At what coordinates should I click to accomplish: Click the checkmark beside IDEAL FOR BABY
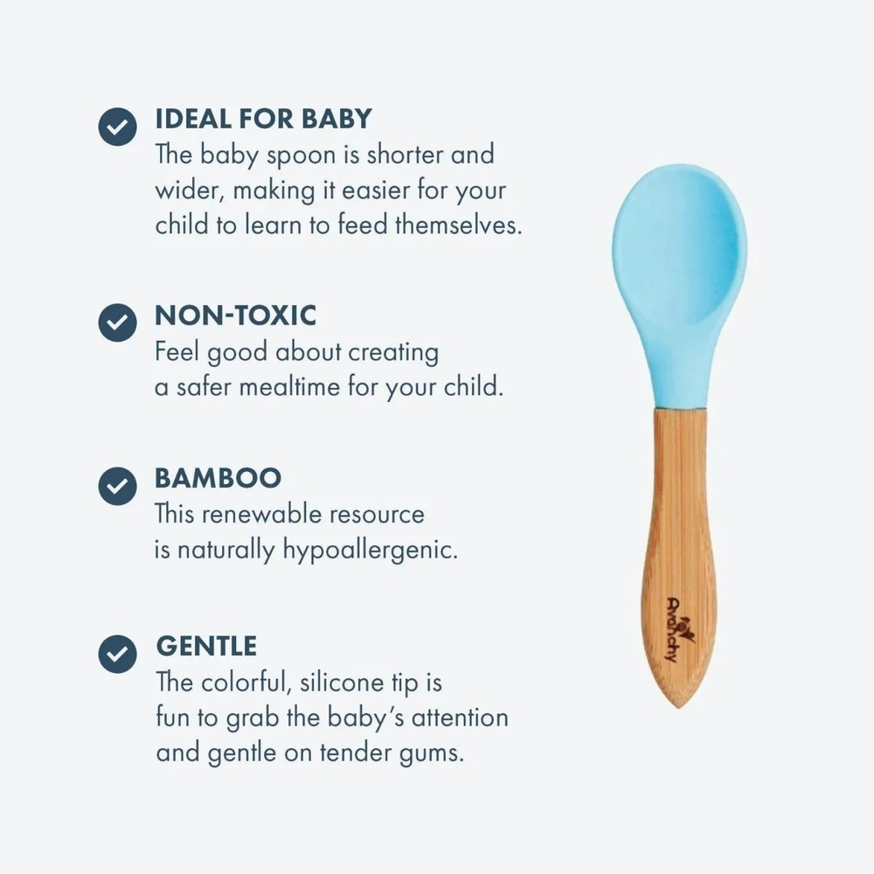click(118, 127)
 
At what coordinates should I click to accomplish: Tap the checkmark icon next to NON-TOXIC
click(118, 323)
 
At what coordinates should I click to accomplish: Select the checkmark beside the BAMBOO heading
click(118, 486)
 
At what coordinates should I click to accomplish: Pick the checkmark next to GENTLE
click(118, 654)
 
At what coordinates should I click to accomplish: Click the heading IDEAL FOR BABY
click(263, 119)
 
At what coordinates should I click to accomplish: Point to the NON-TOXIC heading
click(235, 316)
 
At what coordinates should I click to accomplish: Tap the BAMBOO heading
click(218, 478)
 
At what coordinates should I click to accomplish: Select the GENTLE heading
click(206, 646)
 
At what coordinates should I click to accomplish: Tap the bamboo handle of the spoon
click(679, 551)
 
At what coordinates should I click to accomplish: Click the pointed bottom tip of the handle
click(678, 707)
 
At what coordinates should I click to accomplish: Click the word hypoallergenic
click(370, 551)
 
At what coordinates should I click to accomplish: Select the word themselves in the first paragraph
click(458, 225)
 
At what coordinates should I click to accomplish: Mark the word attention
click(460, 718)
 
